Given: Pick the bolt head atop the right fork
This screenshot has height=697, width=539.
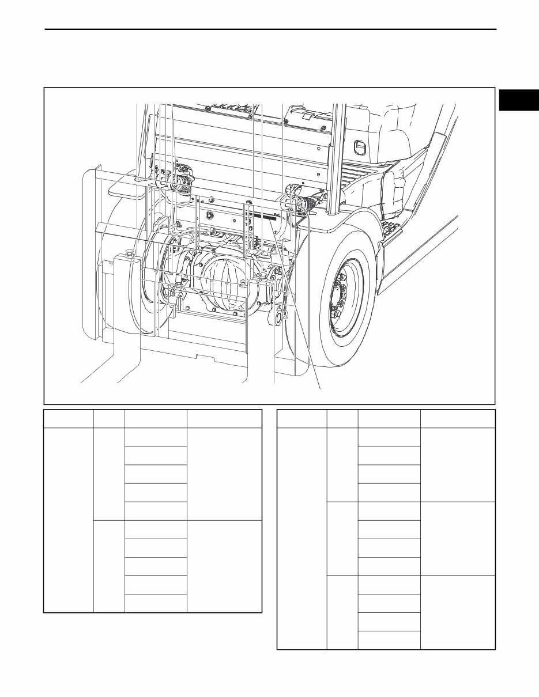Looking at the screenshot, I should pos(263,278).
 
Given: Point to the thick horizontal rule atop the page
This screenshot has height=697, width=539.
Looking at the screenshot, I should pos(271,29).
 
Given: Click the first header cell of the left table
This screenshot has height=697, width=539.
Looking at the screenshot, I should pos(69,419).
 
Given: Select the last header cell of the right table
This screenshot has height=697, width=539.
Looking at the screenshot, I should pos(458,419).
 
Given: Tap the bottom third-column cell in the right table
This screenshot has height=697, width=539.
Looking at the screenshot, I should pos(389,640).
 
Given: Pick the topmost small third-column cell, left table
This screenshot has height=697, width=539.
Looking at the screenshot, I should pos(156,437).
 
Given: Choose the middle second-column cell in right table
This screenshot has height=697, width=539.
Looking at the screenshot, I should pos(342,538).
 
